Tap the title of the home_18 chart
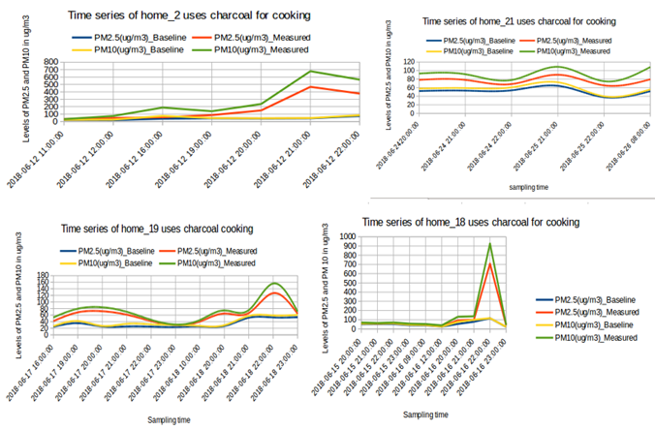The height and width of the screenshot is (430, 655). [x=471, y=222]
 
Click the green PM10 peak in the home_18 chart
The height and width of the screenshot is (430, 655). [x=490, y=243]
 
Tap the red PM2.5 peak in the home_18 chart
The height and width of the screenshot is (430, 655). [x=490, y=263]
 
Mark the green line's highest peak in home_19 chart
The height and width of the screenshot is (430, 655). [x=274, y=284]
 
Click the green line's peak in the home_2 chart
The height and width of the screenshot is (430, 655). [x=284, y=71]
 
